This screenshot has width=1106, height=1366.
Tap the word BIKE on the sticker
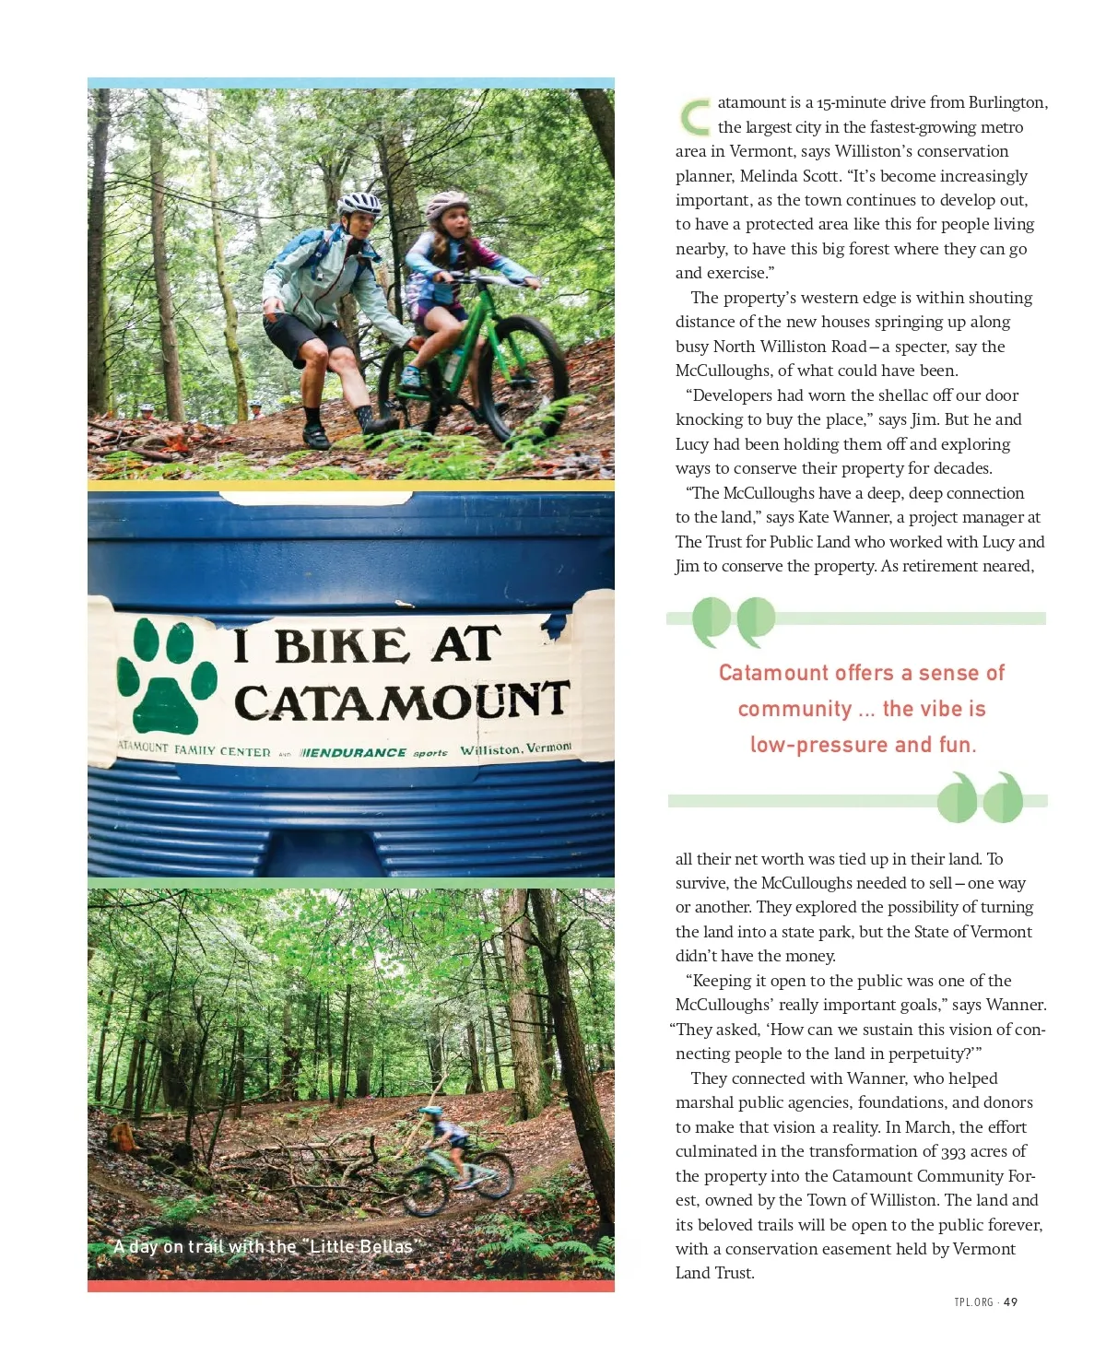click(341, 645)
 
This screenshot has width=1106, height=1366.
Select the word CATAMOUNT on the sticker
click(402, 702)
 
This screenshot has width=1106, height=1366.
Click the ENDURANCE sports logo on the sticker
click(374, 753)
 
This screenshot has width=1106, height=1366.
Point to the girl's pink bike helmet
click(447, 204)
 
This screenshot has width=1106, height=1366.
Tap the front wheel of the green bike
click(523, 378)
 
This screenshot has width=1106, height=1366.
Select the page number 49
click(1011, 1302)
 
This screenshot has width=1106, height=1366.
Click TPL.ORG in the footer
click(974, 1302)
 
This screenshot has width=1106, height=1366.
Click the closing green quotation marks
click(980, 797)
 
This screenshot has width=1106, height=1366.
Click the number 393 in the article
click(953, 1151)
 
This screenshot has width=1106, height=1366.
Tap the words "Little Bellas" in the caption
click(360, 1247)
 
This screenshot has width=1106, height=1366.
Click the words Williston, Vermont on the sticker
click(516, 749)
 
